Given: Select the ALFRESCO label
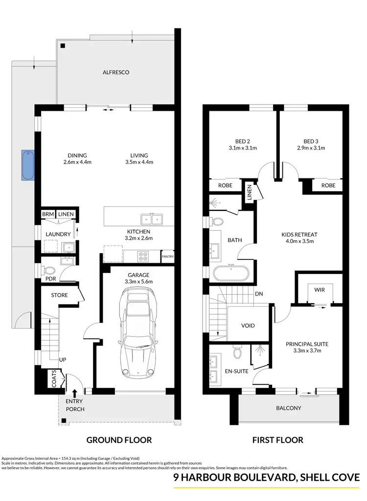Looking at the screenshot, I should pyautogui.click(x=115, y=72).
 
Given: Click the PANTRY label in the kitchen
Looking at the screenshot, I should pyautogui.click(x=167, y=256).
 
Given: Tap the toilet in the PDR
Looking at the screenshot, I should pyautogui.click(x=49, y=270).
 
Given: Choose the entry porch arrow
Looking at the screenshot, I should pyautogui.click(x=74, y=393).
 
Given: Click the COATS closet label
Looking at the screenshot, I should pyautogui.click(x=54, y=379).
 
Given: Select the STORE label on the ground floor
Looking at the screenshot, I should pyautogui.click(x=60, y=295).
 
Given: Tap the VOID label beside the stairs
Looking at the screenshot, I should pyautogui.click(x=248, y=326).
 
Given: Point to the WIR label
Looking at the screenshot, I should pyautogui.click(x=320, y=290).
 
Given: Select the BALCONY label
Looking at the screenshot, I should pyautogui.click(x=288, y=408).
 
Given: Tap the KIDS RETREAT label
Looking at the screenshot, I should pyautogui.click(x=300, y=234).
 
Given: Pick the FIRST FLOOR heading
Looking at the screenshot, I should pyautogui.click(x=277, y=440).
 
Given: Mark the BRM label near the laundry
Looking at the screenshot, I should pyautogui.click(x=47, y=214).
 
